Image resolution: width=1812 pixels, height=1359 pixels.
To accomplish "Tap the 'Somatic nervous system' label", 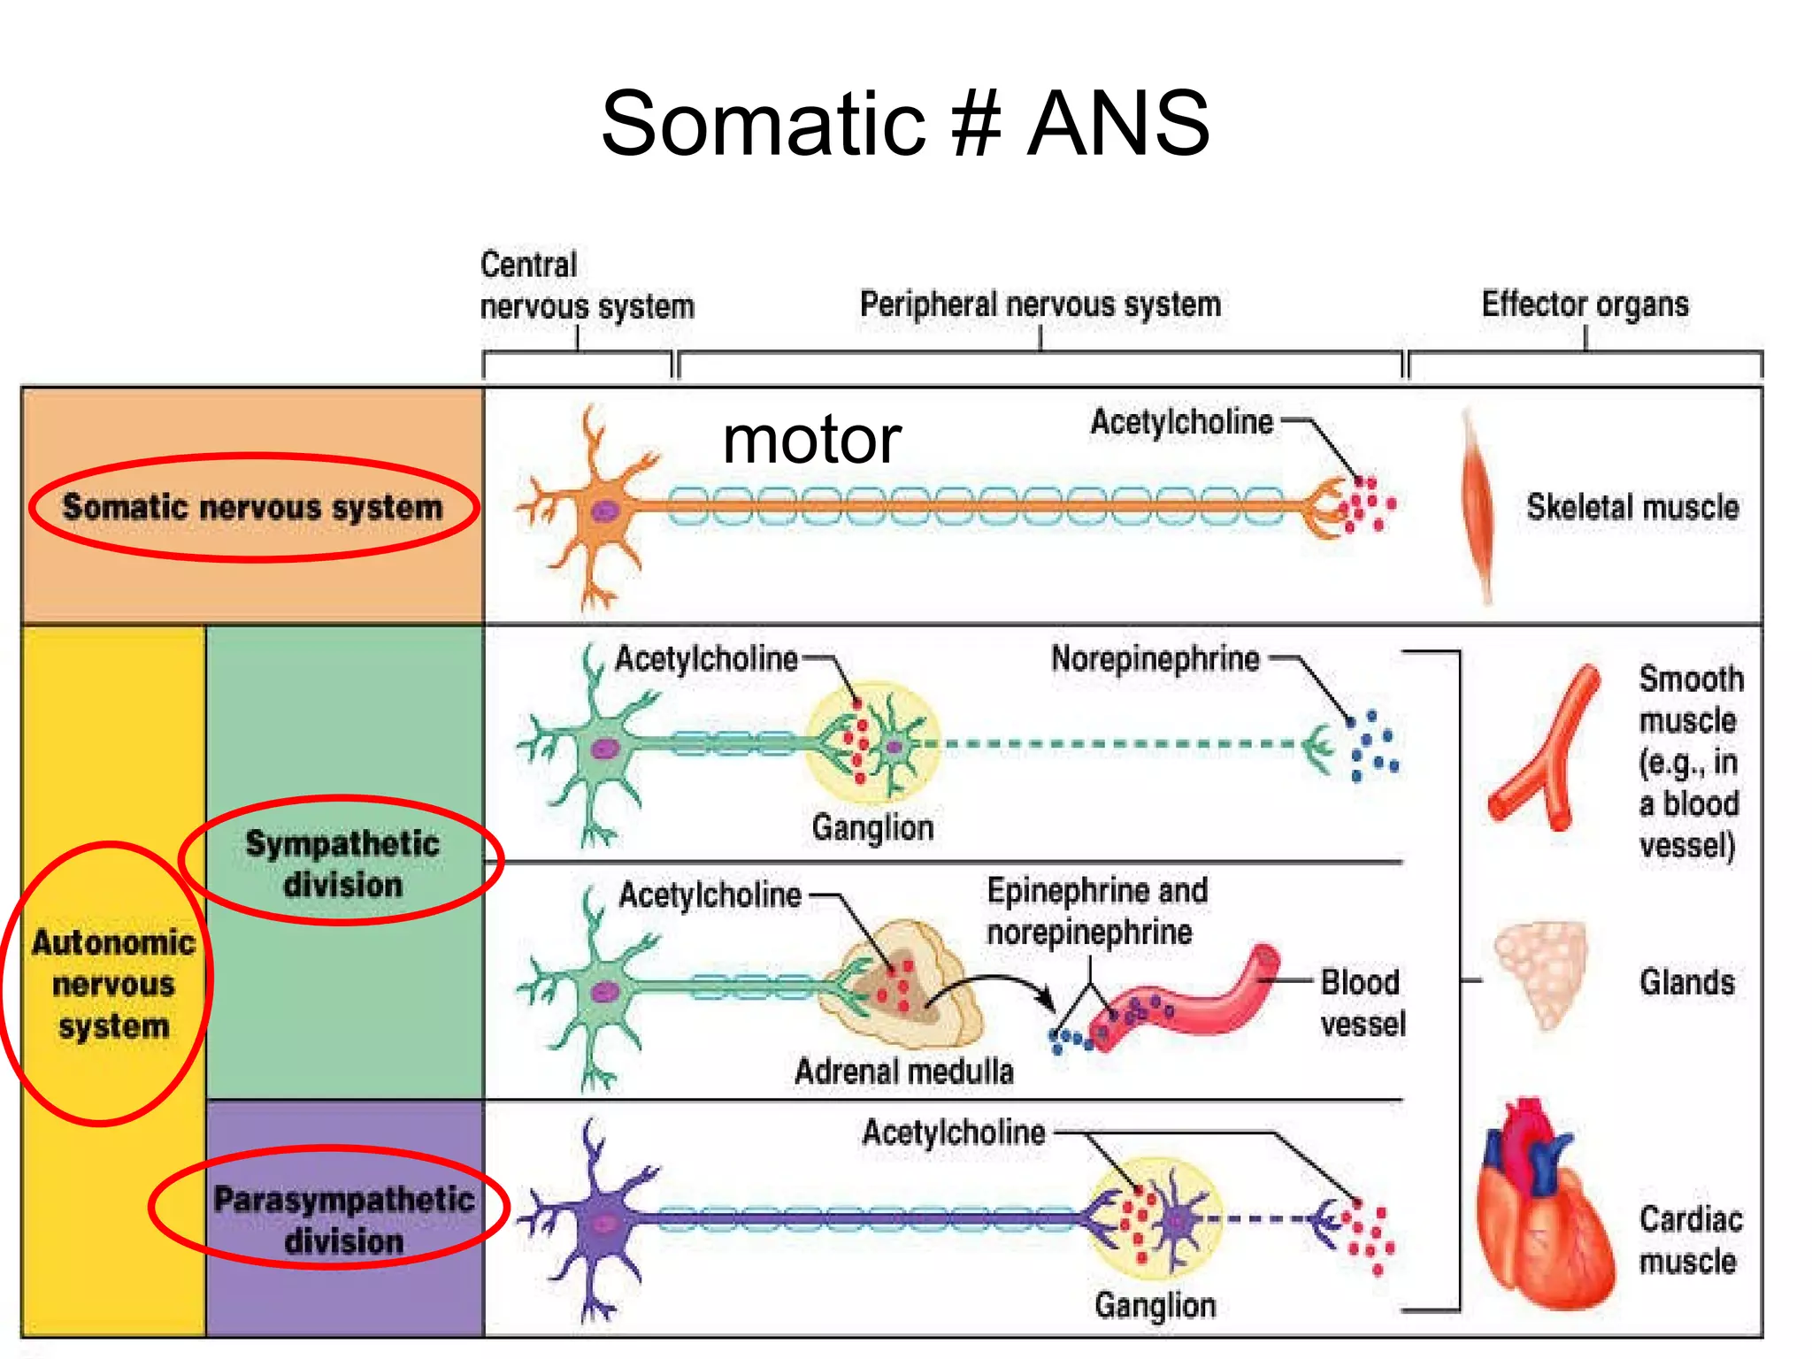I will click(252, 507).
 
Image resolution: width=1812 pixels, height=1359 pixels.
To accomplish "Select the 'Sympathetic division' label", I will click(342, 864).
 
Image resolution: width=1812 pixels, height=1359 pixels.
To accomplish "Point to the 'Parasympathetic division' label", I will click(343, 1219).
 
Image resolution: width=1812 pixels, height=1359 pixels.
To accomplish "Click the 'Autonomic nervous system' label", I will click(113, 984).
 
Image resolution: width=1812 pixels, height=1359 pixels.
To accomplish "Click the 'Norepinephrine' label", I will click(1155, 659).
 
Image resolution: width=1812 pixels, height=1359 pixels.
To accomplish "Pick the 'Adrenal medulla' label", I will click(903, 1071).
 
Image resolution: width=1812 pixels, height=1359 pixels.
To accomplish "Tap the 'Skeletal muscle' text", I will click(1632, 507).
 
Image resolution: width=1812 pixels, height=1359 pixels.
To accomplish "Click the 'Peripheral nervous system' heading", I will click(1040, 304).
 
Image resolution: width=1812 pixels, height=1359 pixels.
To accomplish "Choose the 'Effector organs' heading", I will click(1585, 304).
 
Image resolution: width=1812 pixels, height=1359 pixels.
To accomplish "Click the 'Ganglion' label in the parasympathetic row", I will click(1155, 1305).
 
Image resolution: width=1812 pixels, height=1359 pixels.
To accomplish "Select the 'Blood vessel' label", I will click(1362, 1002).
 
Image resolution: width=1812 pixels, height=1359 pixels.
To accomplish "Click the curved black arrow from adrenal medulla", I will click(991, 984).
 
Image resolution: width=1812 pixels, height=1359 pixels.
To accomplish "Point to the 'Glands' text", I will click(1686, 982).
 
